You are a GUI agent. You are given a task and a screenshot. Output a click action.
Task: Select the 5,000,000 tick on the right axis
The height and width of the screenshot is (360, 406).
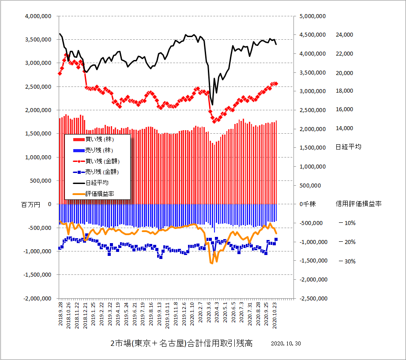click(313, 16)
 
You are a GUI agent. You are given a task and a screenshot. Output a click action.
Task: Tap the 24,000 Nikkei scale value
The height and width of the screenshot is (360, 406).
click(345, 35)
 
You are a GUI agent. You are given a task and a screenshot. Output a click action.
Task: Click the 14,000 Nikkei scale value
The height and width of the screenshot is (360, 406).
click(345, 128)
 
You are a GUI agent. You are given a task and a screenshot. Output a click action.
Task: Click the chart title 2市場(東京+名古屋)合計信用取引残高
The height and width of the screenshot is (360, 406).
click(181, 343)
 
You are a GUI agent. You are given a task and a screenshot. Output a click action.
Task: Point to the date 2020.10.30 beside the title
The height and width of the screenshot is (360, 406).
click(286, 344)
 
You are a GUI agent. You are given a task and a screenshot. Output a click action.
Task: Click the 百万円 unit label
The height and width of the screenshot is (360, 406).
click(30, 205)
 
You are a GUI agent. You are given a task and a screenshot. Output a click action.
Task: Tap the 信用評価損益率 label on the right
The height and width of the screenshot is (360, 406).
click(358, 204)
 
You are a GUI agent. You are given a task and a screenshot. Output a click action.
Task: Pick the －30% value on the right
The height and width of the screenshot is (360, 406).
click(347, 261)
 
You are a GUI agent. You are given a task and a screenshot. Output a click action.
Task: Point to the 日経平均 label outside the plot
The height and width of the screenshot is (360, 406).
click(348, 147)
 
